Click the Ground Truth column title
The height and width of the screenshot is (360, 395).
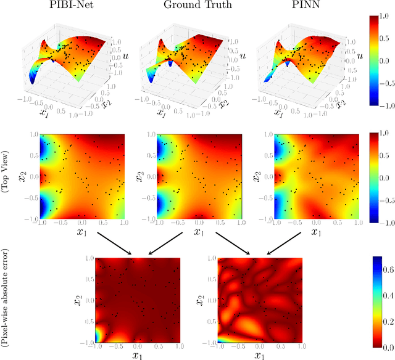pyautogui.click(x=197, y=6)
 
